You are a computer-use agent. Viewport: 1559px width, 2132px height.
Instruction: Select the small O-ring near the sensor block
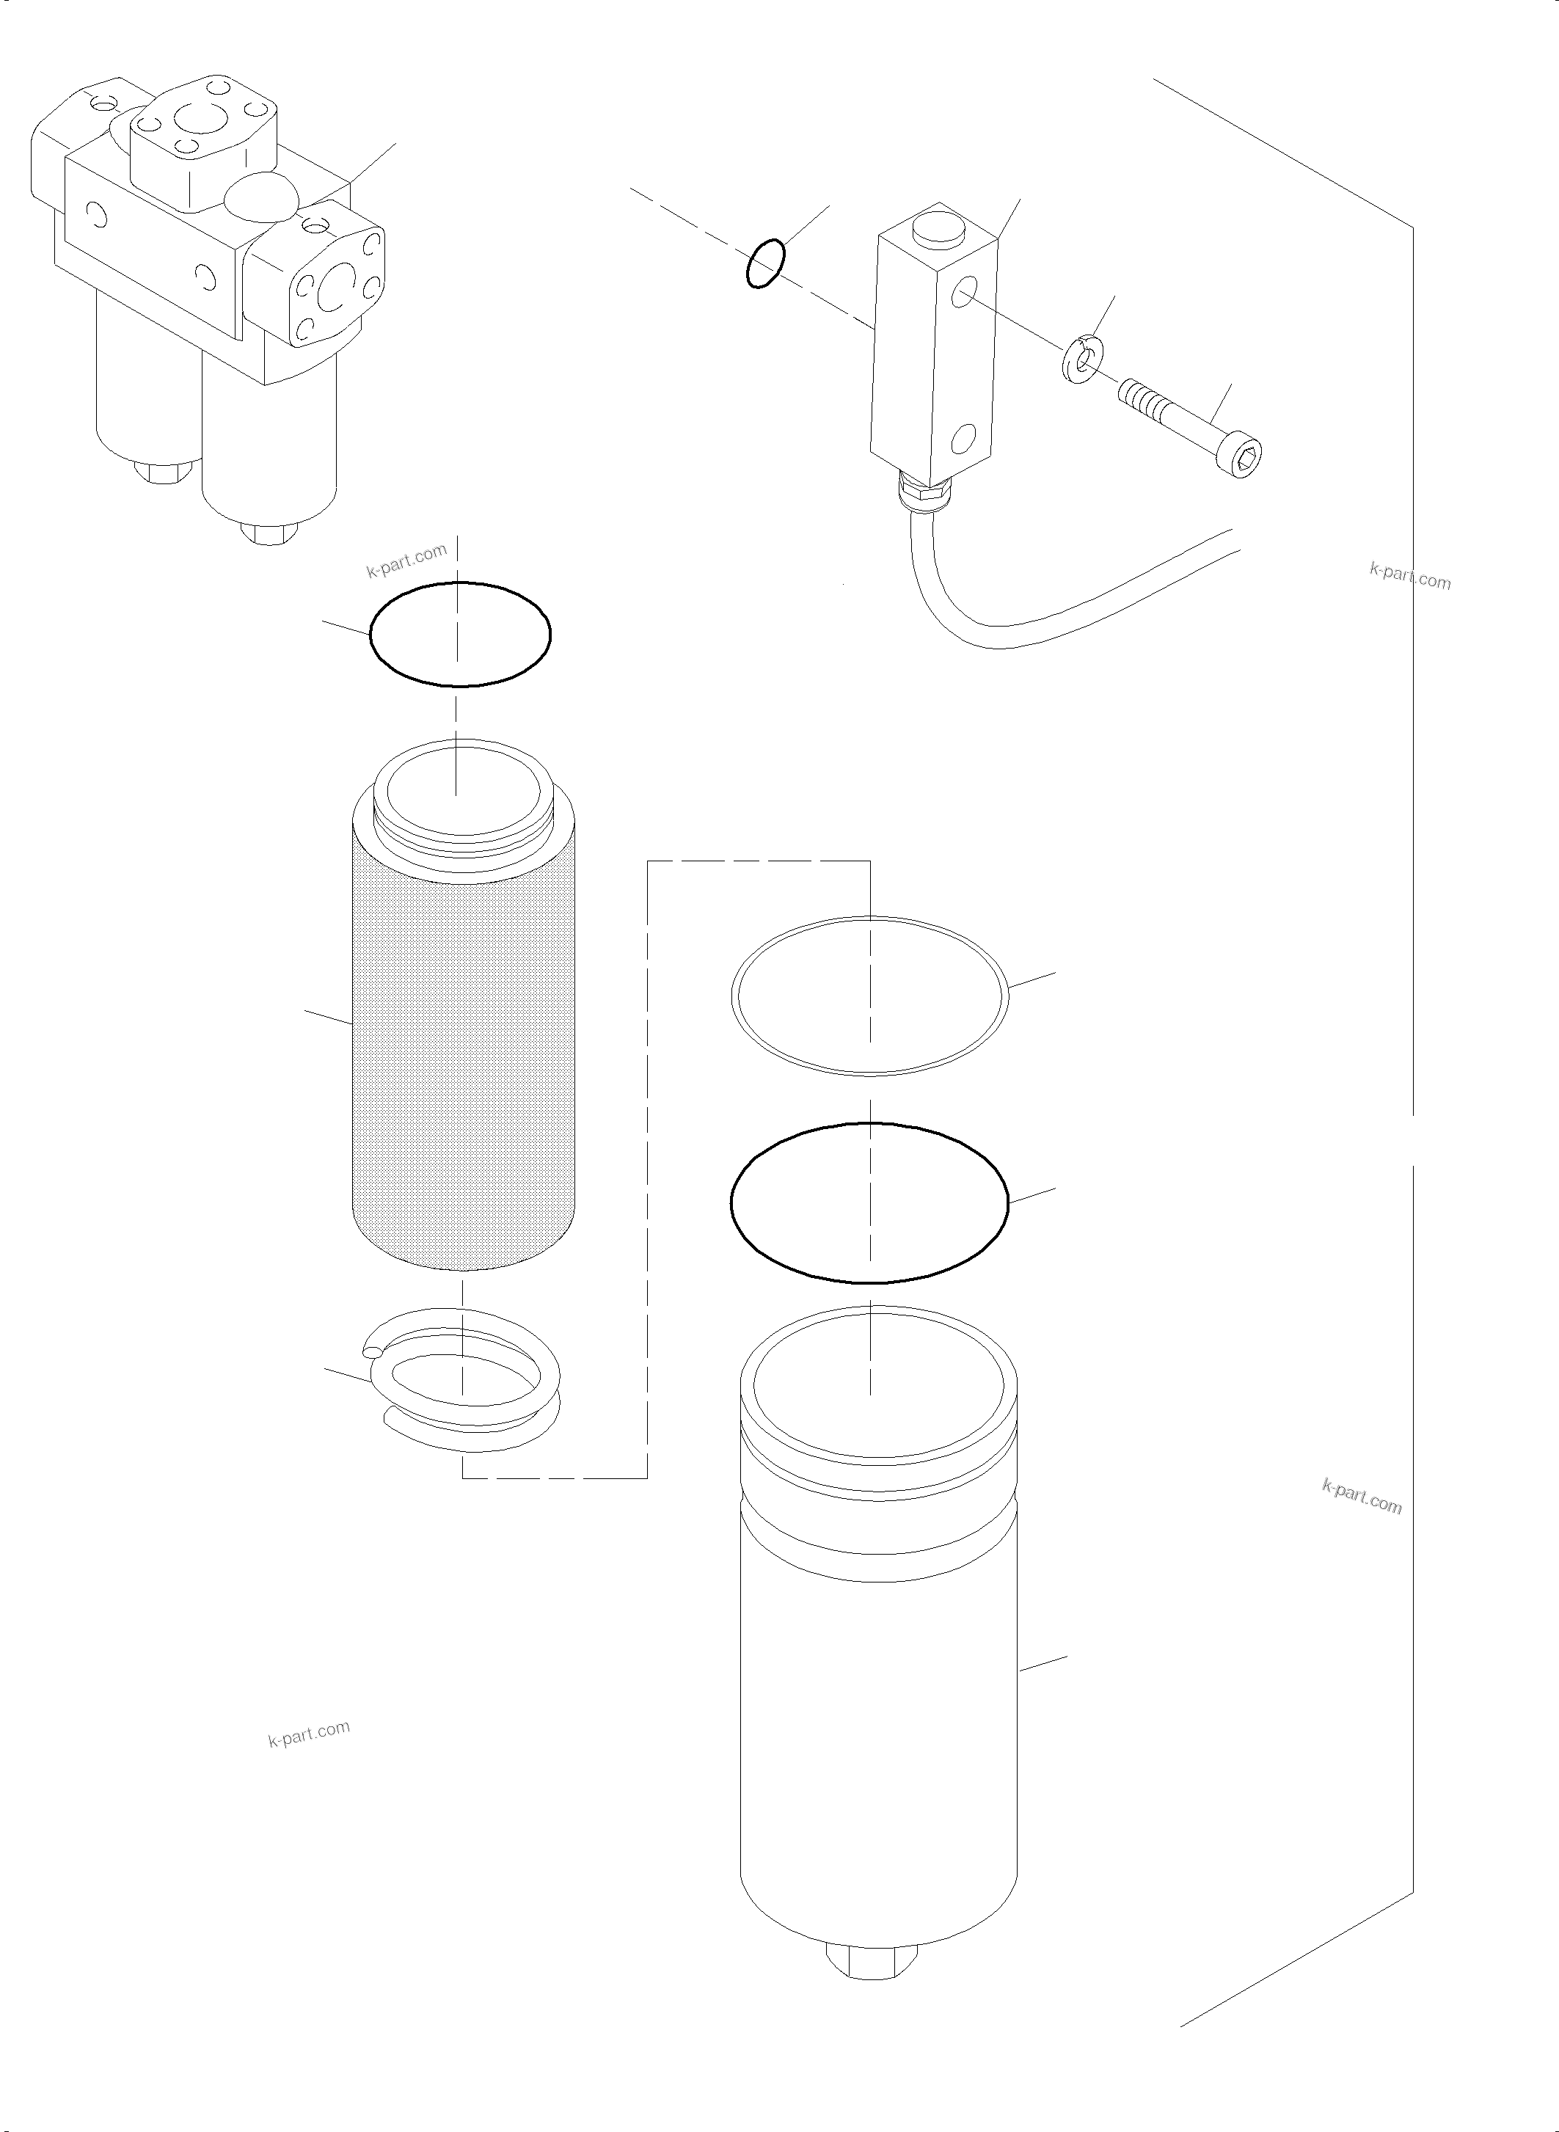(x=764, y=264)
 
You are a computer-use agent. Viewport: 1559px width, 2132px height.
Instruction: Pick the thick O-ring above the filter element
(x=459, y=633)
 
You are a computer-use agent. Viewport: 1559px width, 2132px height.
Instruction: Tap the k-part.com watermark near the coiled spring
(x=309, y=1734)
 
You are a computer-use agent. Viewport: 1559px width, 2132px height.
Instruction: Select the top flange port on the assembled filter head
(x=205, y=142)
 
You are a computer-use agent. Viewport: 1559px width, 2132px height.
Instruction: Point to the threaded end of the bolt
(x=1142, y=398)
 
